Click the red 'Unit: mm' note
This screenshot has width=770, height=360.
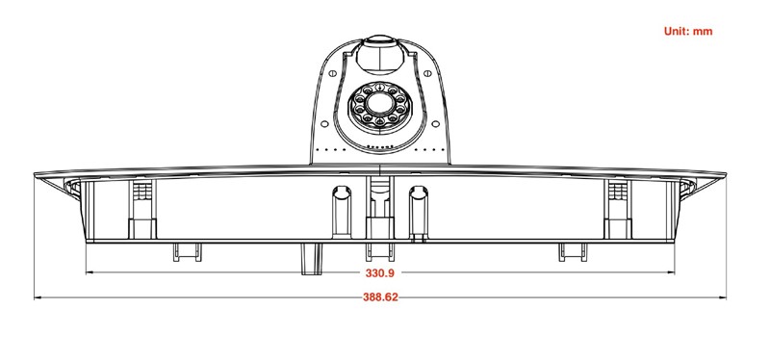click(x=687, y=32)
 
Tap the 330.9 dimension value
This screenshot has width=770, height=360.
click(x=379, y=273)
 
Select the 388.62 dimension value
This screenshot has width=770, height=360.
click(x=380, y=297)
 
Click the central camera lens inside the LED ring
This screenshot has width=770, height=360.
click(x=379, y=104)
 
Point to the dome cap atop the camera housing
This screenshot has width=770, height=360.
click(x=379, y=54)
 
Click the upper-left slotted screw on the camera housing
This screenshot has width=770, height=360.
click(x=332, y=74)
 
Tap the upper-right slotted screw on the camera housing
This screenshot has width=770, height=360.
click(x=427, y=74)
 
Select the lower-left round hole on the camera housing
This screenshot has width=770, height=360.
click(x=324, y=124)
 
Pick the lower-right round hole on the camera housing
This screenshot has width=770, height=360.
click(x=435, y=124)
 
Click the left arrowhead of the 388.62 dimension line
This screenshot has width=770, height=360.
click(x=38, y=297)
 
